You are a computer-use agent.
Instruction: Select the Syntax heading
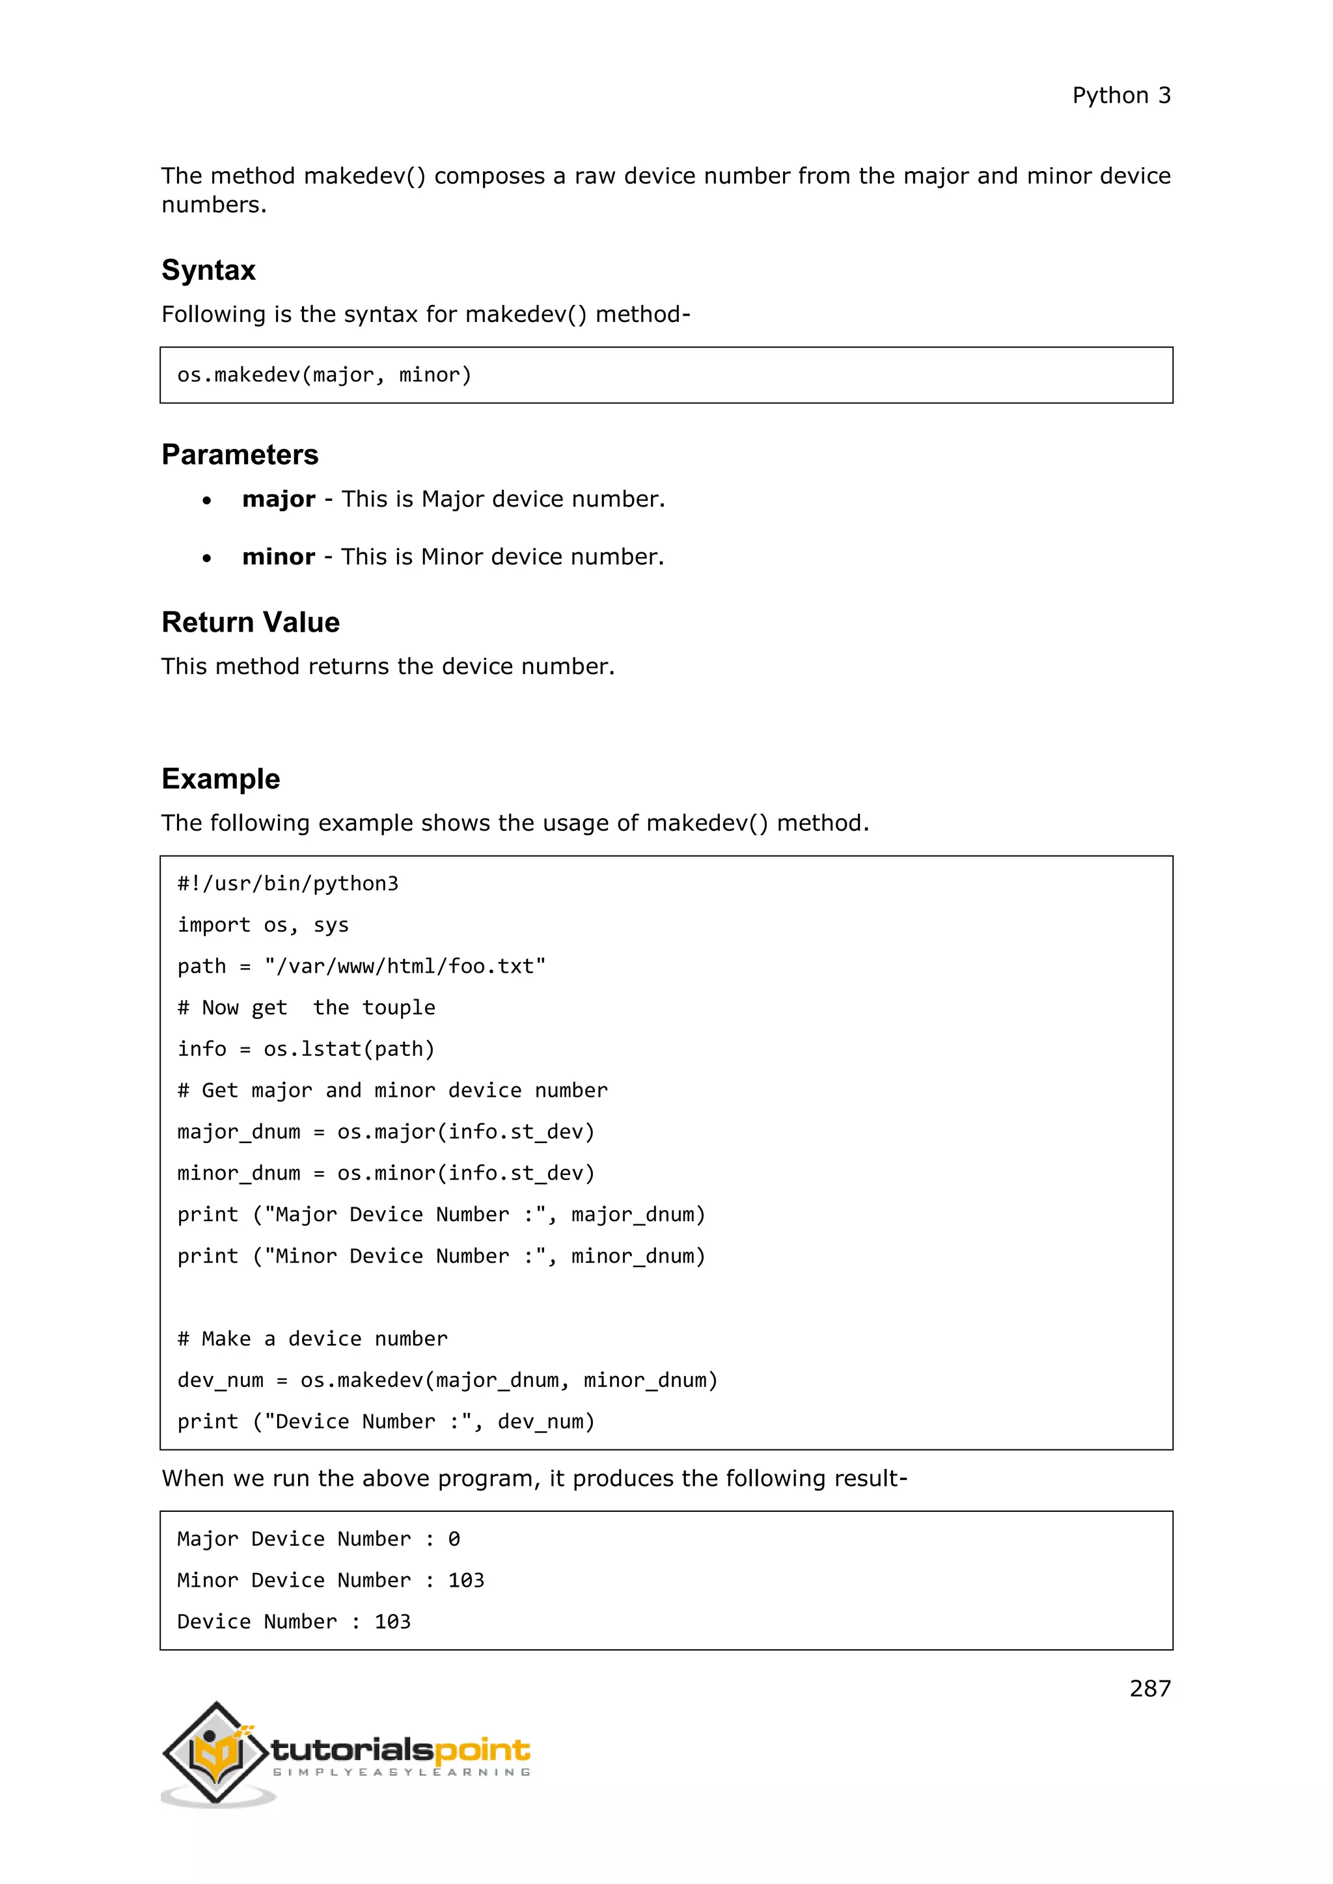208,270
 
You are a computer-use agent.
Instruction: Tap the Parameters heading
240,455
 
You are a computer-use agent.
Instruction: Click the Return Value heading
251,622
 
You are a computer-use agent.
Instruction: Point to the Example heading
221,779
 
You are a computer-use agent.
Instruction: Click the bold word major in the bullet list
279,499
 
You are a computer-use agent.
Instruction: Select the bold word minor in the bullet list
279,556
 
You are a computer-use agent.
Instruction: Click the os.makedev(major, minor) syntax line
324,375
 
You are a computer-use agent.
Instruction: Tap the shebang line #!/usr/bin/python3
287,883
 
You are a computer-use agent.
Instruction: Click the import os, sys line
263,925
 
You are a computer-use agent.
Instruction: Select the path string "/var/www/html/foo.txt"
405,967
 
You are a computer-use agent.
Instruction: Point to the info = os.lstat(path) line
305,1049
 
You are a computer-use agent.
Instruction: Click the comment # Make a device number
312,1338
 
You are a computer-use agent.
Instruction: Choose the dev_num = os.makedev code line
447,1380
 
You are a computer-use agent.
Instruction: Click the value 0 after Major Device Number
454,1539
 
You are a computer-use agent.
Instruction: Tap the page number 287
1149,1689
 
